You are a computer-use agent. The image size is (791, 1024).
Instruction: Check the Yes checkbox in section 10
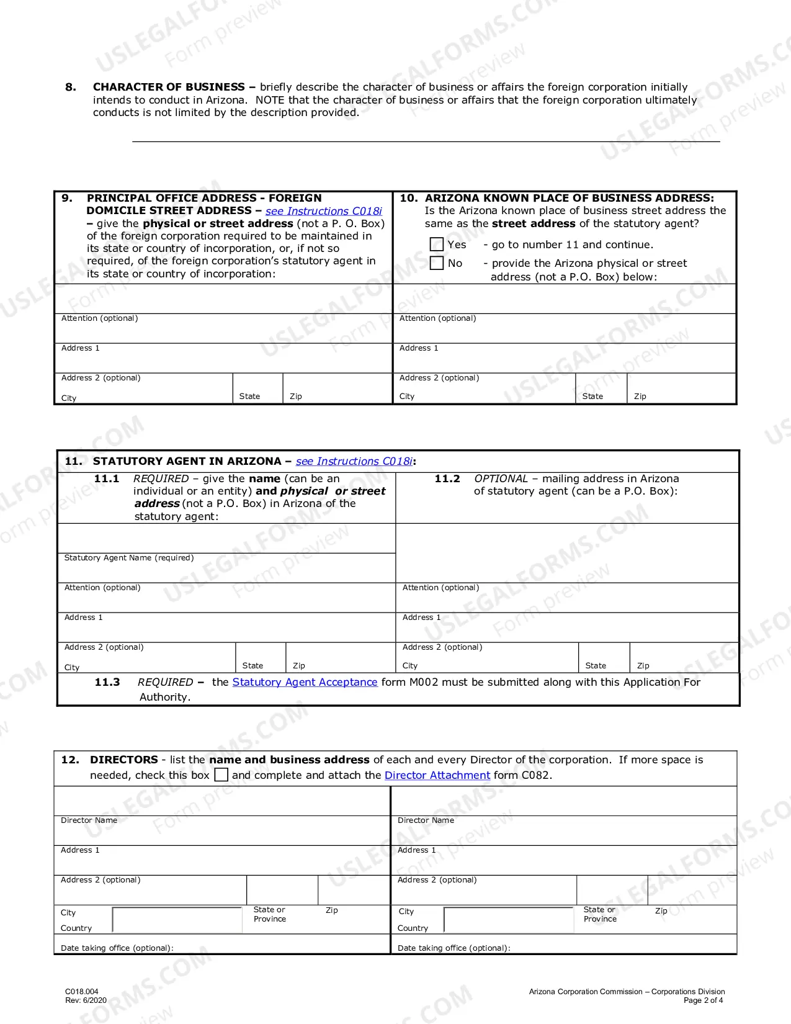click(437, 245)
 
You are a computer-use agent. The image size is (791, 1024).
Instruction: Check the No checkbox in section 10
click(437, 263)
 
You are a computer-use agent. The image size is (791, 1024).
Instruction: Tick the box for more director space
click(221, 775)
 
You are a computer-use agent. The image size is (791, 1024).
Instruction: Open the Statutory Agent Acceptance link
click(305, 682)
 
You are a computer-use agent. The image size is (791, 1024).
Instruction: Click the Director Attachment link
click(437, 775)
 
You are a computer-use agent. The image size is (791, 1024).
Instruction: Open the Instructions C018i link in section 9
click(323, 211)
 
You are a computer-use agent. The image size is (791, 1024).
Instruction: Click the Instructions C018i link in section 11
click(354, 461)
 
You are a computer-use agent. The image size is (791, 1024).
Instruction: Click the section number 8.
click(71, 87)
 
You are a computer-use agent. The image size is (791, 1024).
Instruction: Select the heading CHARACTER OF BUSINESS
click(169, 87)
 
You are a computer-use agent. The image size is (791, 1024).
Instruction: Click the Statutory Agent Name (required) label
click(129, 558)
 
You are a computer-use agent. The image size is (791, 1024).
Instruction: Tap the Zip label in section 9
click(296, 397)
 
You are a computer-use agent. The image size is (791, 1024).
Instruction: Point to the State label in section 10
click(592, 397)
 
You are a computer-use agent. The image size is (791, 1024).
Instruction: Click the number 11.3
click(107, 682)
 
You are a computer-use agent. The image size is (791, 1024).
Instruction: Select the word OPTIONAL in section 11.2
click(501, 478)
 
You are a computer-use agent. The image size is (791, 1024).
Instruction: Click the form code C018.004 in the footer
click(82, 991)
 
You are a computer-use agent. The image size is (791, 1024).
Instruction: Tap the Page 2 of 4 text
click(703, 1000)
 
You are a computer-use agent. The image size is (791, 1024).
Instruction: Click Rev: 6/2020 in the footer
click(86, 1000)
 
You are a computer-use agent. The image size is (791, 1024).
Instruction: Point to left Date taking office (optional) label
click(117, 948)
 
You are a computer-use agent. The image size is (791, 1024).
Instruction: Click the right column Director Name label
click(426, 820)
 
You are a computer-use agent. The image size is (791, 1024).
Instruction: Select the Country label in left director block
click(76, 928)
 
